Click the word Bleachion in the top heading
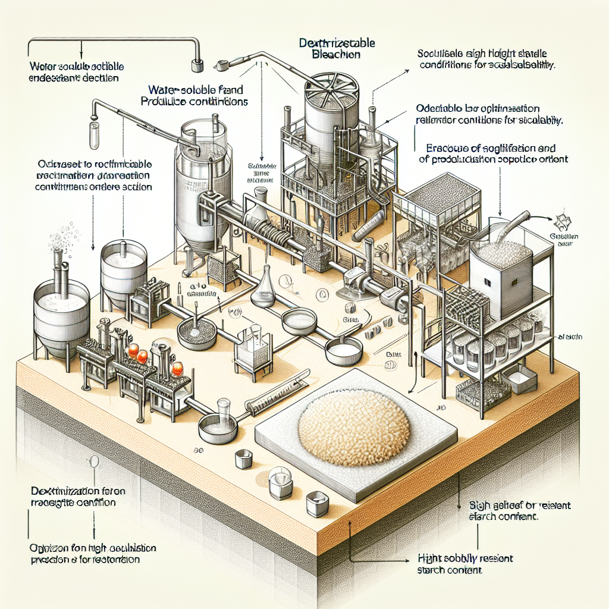(336, 54)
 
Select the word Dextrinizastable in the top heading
(337, 43)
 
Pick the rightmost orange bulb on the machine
(177, 369)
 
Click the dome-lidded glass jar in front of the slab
(280, 482)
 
